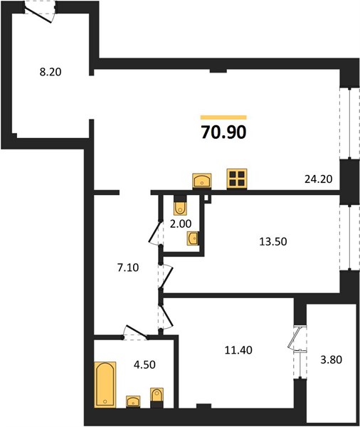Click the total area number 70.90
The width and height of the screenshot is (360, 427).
click(x=223, y=132)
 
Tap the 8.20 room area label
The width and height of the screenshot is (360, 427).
click(x=51, y=72)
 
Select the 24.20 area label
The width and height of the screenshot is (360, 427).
click(x=318, y=179)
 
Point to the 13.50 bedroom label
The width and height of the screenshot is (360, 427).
click(x=273, y=241)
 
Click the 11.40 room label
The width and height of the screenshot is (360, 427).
click(x=238, y=350)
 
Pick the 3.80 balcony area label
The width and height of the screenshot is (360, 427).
click(x=331, y=359)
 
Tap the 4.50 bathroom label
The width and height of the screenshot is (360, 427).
click(x=144, y=364)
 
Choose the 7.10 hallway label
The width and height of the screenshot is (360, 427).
click(x=128, y=268)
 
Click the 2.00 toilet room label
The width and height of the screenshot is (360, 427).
click(x=181, y=224)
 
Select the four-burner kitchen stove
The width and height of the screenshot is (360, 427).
click(x=237, y=179)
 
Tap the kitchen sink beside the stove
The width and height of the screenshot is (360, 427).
click(x=202, y=181)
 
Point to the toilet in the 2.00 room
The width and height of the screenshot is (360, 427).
click(x=180, y=206)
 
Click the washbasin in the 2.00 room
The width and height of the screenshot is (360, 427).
click(x=193, y=239)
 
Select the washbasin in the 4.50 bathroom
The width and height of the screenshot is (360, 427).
click(x=133, y=401)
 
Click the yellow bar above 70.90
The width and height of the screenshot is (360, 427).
click(x=223, y=117)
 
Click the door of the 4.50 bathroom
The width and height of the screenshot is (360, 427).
click(x=135, y=332)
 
